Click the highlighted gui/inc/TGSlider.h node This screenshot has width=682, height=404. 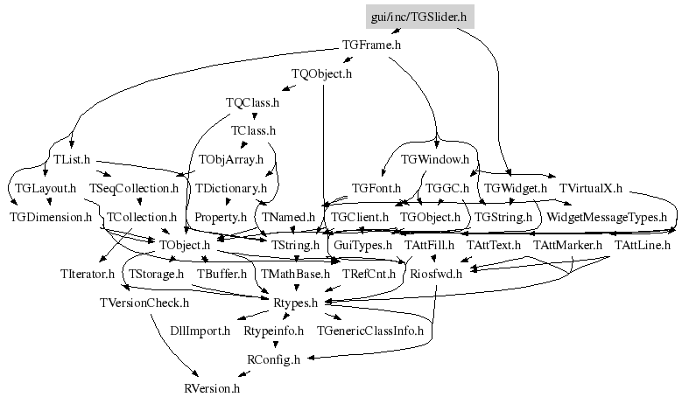point(418,16)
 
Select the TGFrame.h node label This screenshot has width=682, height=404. point(371,45)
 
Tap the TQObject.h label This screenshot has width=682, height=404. point(321,73)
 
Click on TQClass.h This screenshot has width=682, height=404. point(252,102)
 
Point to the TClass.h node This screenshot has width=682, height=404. point(253,131)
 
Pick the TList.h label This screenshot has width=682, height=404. point(73,160)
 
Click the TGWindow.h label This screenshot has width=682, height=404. point(435,160)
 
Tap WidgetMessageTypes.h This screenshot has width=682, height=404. point(607,216)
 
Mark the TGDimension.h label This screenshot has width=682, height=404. point(51,216)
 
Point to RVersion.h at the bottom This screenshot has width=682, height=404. point(211,387)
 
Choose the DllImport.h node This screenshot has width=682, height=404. point(200,331)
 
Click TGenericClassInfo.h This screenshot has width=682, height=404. point(370,331)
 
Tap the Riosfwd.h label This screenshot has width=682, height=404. point(436,274)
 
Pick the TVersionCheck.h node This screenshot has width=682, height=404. point(144,303)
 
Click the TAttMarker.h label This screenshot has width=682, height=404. point(567,245)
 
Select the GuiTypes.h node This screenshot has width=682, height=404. point(363,245)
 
